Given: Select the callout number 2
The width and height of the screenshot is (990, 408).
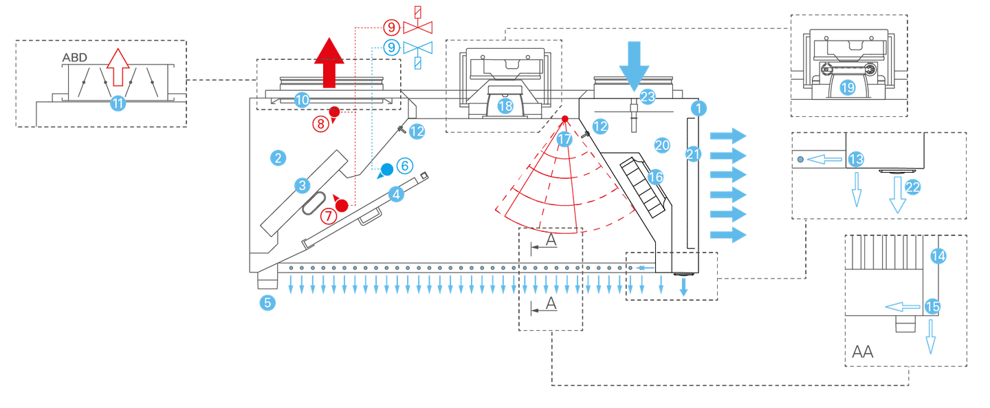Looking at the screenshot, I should [x=278, y=159].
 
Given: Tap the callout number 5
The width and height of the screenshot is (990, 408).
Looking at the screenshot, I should [x=267, y=302].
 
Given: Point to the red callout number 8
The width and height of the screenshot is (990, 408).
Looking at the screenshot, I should [x=320, y=124].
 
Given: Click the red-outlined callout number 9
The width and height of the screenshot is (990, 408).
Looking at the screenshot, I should [x=391, y=28].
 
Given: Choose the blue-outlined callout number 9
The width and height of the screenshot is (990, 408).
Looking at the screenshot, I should [x=391, y=47].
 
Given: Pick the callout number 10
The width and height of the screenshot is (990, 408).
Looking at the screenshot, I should [x=302, y=100].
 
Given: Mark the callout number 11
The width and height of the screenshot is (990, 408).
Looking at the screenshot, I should [x=118, y=103].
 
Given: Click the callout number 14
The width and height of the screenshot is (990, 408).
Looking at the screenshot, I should [x=938, y=256].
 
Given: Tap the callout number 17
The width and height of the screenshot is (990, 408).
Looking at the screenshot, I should [x=564, y=139].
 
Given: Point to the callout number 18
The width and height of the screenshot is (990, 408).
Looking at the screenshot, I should [x=505, y=106].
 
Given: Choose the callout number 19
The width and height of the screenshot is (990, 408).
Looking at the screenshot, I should [x=847, y=87].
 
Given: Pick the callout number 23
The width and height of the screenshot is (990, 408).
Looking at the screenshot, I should [x=648, y=97].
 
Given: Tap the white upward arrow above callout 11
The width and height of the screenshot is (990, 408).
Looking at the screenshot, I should [x=118, y=67].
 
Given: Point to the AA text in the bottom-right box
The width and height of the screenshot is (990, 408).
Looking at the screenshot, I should [x=863, y=352].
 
